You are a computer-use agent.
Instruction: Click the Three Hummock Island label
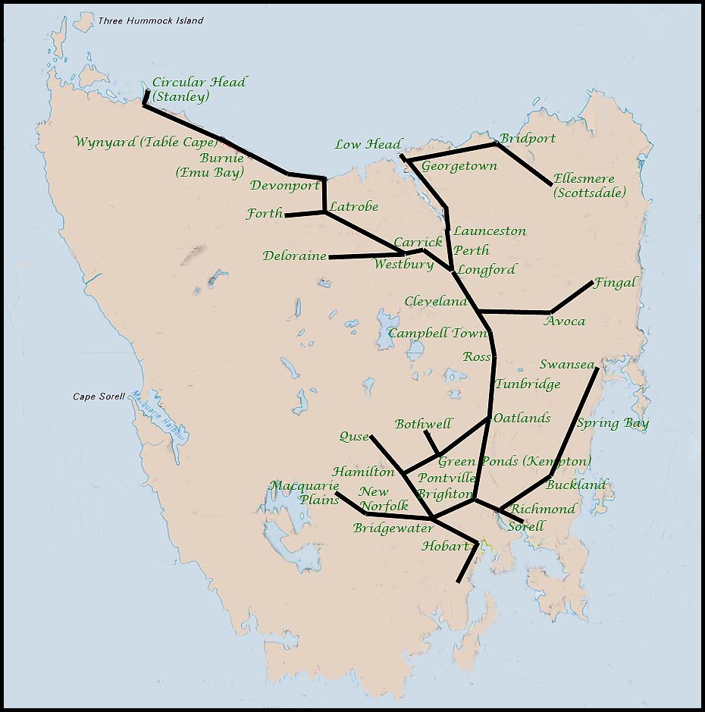150,20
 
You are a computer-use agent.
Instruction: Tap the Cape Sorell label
99,396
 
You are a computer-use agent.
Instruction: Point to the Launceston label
489,231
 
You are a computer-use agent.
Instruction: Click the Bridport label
527,139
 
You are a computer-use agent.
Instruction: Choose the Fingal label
615,283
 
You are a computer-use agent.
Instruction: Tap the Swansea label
566,365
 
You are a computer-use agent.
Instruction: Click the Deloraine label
294,256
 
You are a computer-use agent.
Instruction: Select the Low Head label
367,144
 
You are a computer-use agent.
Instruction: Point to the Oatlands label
522,418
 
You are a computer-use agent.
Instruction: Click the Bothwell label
423,424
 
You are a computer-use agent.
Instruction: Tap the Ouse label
353,437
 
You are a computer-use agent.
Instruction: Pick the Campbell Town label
437,334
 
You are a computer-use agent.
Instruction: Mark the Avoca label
565,321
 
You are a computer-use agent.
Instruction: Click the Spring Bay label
613,423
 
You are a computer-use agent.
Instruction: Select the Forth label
265,215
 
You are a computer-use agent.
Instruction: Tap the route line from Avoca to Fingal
572,296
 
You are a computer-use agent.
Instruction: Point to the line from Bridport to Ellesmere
524,163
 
